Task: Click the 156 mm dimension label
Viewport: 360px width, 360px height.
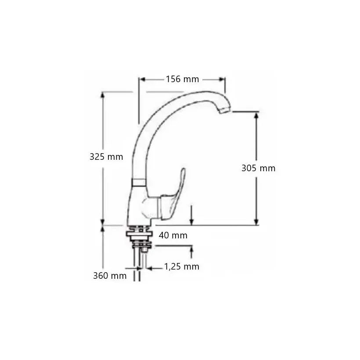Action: click(x=183, y=79)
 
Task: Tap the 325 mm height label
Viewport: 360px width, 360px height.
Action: click(x=106, y=157)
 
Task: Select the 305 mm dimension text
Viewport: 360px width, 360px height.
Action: click(x=258, y=168)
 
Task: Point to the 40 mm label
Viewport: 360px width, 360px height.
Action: click(x=173, y=235)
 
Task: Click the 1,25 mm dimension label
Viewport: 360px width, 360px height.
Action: click(x=182, y=266)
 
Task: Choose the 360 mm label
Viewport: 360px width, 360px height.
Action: click(x=110, y=276)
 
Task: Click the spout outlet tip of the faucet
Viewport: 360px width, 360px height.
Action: click(x=224, y=111)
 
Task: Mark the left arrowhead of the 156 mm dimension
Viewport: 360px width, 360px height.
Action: click(x=143, y=79)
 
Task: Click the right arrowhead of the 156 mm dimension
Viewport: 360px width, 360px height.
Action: click(x=222, y=79)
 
